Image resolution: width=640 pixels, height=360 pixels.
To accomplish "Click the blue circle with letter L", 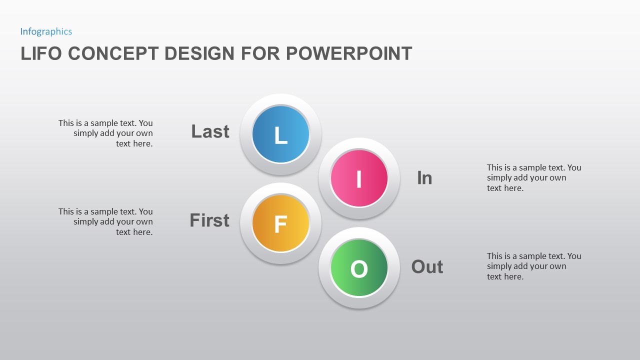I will (280, 134).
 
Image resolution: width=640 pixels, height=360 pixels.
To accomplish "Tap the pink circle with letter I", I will (359, 178).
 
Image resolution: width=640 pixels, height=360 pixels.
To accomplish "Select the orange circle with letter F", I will (280, 223).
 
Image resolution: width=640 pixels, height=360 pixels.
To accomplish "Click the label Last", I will (210, 131).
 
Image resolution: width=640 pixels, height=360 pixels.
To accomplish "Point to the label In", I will (424, 178).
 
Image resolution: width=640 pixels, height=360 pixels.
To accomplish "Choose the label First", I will (209, 220).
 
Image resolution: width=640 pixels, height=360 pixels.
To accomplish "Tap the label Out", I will (427, 266).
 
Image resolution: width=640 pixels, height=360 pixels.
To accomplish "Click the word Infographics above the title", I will (46, 31).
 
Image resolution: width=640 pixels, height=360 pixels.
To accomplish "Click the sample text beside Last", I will (105, 133).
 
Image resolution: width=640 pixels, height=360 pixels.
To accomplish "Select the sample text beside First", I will (105, 221).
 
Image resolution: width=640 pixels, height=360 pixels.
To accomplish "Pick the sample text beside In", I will (534, 177).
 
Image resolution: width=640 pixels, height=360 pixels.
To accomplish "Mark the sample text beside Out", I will (534, 266).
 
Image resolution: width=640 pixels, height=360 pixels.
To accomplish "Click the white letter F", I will (280, 224).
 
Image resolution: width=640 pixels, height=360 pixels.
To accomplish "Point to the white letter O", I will (359, 269).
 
